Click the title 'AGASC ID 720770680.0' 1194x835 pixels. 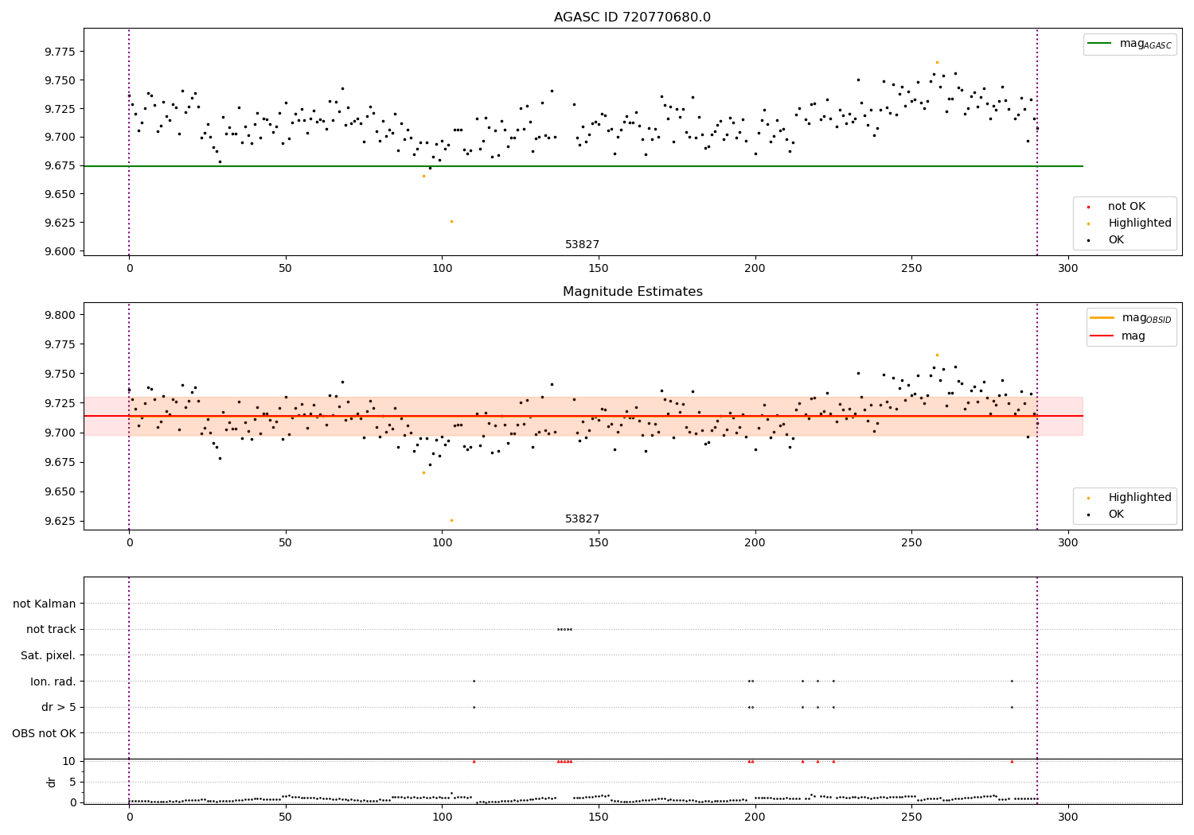[632, 17]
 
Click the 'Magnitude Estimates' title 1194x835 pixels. [632, 292]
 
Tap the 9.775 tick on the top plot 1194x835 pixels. [59, 52]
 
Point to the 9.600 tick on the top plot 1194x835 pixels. [59, 251]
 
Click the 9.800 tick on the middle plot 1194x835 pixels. [59, 315]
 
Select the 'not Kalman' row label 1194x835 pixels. [45, 604]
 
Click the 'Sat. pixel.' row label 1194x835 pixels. [48, 655]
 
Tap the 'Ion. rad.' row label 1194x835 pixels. [53, 682]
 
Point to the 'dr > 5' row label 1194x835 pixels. [58, 707]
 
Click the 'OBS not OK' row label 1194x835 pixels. [44, 733]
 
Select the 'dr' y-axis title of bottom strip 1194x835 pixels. [52, 782]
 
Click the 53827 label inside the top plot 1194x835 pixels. [582, 245]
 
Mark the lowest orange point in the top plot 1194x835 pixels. [451, 221]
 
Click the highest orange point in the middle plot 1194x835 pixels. [937, 355]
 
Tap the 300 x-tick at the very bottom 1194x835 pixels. [1067, 817]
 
